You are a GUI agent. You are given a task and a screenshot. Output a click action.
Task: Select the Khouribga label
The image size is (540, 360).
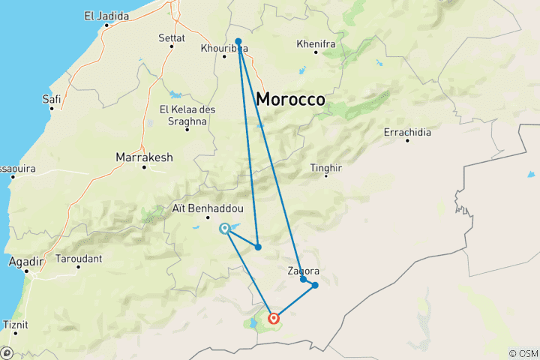[x=224, y=49]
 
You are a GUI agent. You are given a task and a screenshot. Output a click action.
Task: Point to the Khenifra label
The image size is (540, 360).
[x=316, y=44]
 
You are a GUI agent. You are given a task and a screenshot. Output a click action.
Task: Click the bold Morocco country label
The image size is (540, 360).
[x=290, y=99]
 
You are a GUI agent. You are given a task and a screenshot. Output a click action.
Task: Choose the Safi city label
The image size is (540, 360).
[x=52, y=97]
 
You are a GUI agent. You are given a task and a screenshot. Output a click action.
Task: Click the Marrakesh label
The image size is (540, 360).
[x=144, y=157]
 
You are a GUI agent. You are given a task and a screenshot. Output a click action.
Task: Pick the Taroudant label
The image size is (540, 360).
[x=79, y=259]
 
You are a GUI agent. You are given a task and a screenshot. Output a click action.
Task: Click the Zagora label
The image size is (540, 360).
[x=304, y=271]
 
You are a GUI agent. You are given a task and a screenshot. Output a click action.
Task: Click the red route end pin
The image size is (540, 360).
[x=274, y=318]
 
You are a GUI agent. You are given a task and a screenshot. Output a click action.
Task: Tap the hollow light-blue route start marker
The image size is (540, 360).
[x=224, y=229]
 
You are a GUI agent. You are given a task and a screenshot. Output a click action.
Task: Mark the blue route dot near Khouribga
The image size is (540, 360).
[x=238, y=41]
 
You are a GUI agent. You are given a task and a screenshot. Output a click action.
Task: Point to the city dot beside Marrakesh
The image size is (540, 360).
[x=144, y=166]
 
